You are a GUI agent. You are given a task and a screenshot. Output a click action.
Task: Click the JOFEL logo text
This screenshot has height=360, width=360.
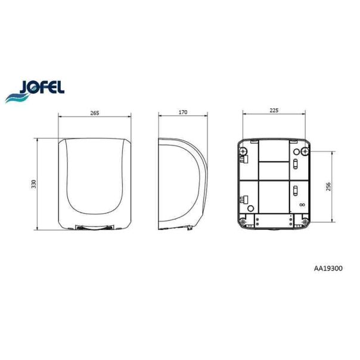click(42, 87)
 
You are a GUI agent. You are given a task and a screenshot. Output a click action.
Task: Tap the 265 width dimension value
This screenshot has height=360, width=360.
click(95, 113)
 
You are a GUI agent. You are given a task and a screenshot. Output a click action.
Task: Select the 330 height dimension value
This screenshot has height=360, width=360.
click(34, 184)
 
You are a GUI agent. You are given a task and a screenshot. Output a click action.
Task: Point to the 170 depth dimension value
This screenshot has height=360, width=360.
click(183, 112)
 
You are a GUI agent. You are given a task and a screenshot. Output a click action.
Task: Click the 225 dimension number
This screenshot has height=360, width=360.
click(274, 110)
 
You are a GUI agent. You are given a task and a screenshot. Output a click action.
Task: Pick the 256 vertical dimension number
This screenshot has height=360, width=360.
click(328, 187)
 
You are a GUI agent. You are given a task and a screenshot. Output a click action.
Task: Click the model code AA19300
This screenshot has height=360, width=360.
click(328, 268)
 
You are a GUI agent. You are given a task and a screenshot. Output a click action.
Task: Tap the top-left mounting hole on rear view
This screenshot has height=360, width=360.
click(243, 151)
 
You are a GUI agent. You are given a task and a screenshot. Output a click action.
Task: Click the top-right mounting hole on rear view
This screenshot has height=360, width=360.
click(305, 151)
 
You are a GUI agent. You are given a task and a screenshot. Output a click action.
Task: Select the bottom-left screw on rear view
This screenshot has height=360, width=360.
click(243, 222)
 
